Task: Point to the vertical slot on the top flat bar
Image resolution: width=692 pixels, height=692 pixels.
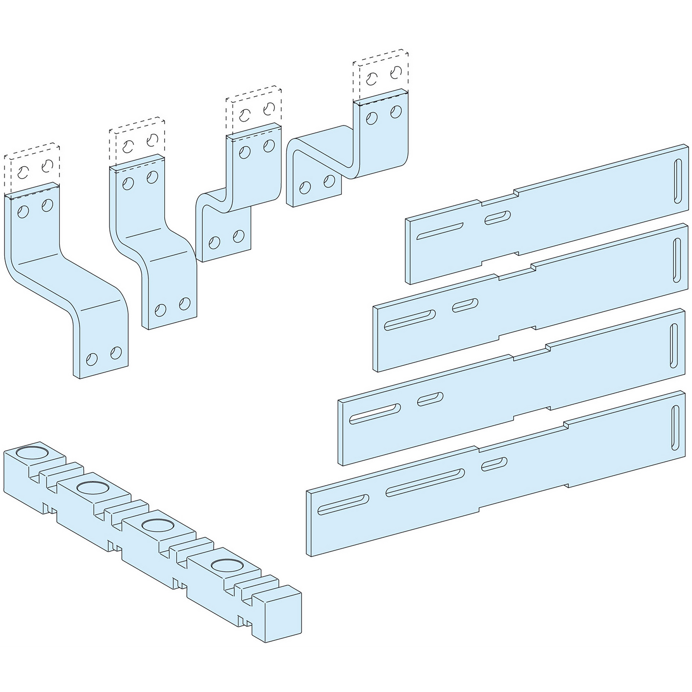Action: click(x=677, y=182)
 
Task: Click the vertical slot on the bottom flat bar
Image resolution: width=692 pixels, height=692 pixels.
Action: click(x=675, y=427)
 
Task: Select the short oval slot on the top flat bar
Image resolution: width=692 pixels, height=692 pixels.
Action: click(x=498, y=218)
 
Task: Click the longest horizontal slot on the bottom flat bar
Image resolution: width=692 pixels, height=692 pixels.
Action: click(x=425, y=482)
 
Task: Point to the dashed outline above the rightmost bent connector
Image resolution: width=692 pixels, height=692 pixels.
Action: click(x=381, y=75)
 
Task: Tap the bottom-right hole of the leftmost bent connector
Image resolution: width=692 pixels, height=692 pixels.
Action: click(x=116, y=353)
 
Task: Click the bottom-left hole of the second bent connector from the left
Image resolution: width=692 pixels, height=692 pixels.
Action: click(x=161, y=310)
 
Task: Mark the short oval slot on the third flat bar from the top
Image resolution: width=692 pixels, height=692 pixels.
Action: click(x=430, y=398)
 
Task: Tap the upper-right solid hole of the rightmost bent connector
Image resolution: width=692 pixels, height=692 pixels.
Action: click(x=396, y=112)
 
